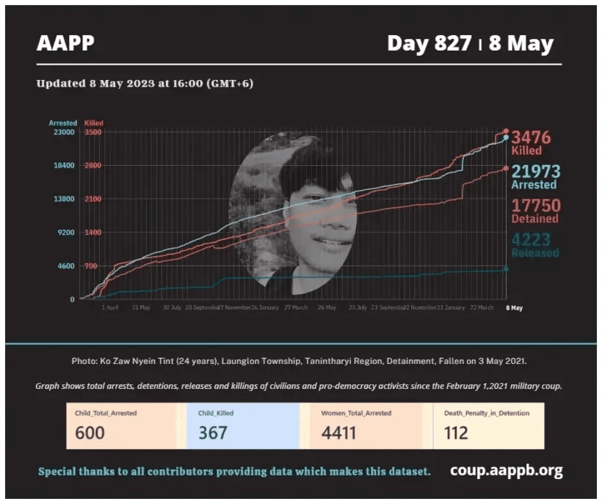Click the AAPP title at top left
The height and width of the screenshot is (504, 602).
[65, 43]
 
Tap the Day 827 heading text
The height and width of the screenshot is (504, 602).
[429, 43]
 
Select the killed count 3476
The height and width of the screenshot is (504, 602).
[531, 137]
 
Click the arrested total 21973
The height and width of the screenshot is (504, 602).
[535, 172]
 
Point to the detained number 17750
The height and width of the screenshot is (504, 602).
[535, 205]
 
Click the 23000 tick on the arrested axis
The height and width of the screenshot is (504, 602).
[62, 132]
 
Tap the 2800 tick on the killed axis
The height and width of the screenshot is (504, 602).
[93, 166]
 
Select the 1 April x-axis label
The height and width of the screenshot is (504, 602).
[109, 308]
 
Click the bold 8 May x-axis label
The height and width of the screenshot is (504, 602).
[514, 308]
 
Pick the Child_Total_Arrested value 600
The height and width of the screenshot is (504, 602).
[90, 433]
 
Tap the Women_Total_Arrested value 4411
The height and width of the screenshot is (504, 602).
[338, 433]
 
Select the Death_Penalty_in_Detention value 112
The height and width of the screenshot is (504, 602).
[456, 433]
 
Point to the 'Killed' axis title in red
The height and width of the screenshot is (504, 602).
[94, 123]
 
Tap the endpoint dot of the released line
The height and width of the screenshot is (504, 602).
[506, 269]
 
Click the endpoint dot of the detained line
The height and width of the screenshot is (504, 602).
[506, 168]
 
